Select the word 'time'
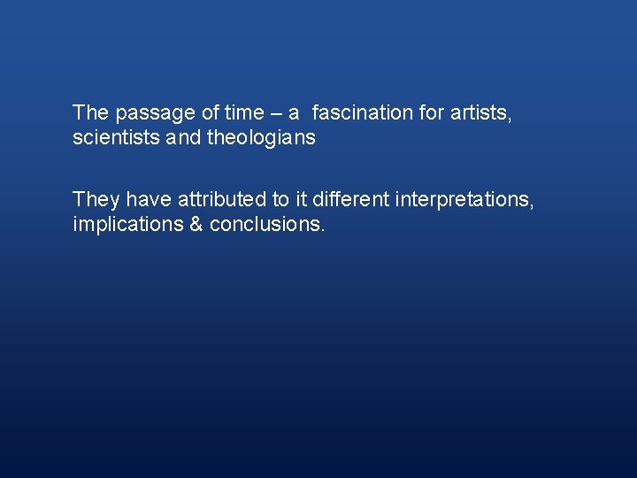244,113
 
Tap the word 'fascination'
363,113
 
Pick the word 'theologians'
261,139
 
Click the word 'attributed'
217,200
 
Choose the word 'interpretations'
464,200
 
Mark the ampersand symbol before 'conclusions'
196,226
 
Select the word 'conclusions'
268,226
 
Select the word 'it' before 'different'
303,200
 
